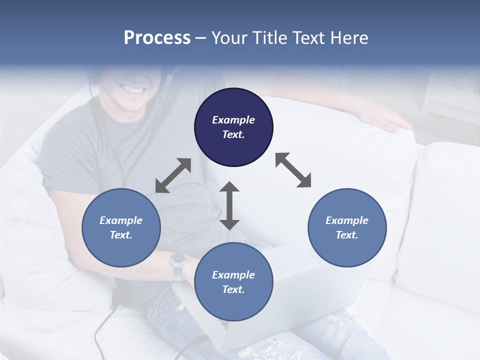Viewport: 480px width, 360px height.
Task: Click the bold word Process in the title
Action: click(x=157, y=38)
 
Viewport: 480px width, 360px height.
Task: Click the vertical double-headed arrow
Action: click(x=229, y=206)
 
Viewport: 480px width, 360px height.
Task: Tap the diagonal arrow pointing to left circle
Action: click(x=173, y=175)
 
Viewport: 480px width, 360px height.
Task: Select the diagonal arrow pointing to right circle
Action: click(x=293, y=170)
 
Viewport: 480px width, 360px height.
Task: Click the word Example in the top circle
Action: click(x=233, y=120)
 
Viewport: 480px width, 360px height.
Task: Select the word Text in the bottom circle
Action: click(x=232, y=289)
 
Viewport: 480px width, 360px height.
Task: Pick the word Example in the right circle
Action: click(x=347, y=220)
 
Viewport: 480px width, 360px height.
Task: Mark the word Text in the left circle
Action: click(x=120, y=235)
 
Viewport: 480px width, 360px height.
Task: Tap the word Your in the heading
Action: click(x=228, y=38)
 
